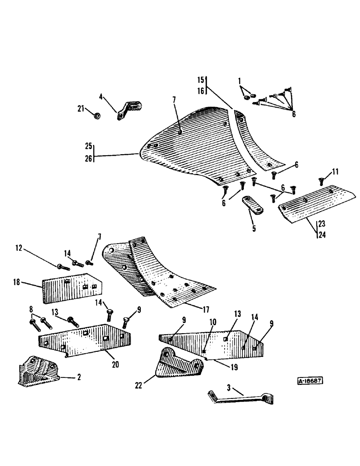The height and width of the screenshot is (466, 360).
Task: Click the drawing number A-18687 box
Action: [311, 380]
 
